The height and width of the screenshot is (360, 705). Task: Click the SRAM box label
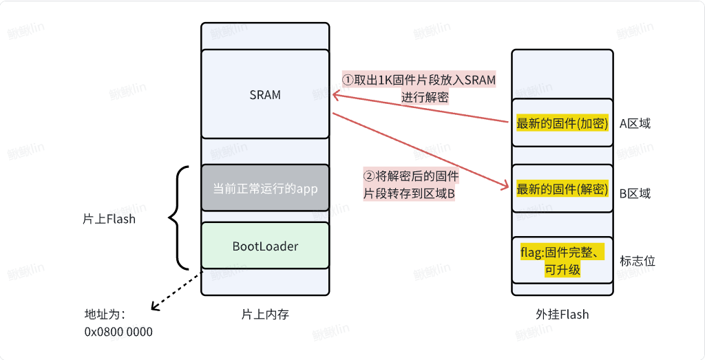point(265,95)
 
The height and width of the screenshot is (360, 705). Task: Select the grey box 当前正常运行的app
point(265,188)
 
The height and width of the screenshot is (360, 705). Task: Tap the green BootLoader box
point(265,246)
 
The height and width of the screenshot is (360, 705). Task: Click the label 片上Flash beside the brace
point(109,219)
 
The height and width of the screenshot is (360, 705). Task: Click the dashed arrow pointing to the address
point(176,291)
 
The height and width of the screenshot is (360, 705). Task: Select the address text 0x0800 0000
point(118,332)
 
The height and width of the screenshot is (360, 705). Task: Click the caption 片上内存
point(265,315)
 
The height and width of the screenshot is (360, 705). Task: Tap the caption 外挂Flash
point(562,315)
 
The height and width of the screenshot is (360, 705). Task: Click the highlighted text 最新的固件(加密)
point(562,124)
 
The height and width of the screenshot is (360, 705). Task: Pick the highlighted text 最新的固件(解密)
point(562,189)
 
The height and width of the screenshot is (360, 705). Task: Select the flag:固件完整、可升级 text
point(562,261)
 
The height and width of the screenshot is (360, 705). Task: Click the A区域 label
point(635,124)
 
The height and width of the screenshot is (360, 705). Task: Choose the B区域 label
point(635,193)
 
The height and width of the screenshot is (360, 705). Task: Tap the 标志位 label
point(638,261)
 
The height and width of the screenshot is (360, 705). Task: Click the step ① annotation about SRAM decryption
point(419,88)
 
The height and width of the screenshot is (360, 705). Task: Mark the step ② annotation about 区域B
point(410,184)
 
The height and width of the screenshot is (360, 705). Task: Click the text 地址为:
point(104,315)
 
